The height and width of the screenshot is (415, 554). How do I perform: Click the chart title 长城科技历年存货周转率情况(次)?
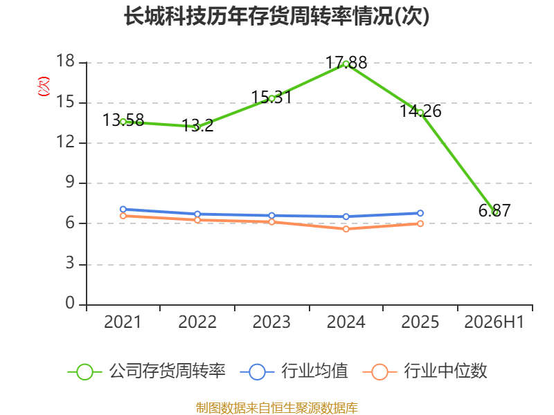(x=276, y=16)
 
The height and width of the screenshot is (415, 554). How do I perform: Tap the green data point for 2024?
(x=346, y=64)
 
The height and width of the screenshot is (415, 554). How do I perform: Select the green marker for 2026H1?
(x=496, y=212)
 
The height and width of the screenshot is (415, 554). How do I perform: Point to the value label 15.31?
(x=271, y=97)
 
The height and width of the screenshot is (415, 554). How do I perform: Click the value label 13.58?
(x=123, y=120)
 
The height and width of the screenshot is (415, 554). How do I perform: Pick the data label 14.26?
(x=420, y=111)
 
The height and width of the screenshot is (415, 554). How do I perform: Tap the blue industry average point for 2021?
(x=123, y=210)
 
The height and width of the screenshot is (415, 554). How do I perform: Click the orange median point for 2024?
(x=346, y=229)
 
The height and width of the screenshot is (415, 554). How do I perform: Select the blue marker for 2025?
(x=420, y=213)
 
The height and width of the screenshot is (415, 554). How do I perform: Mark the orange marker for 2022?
(x=197, y=220)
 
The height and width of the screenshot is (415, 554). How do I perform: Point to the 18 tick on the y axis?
(x=65, y=61)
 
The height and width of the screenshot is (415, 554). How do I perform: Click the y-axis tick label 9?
(x=70, y=182)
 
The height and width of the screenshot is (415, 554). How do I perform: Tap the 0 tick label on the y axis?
(x=70, y=303)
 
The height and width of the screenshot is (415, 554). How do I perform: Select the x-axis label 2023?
(x=271, y=322)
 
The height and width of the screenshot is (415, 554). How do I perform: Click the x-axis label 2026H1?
(x=494, y=322)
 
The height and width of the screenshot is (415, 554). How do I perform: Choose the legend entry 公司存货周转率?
(x=146, y=371)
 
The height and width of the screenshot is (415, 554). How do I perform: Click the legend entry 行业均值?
(x=294, y=371)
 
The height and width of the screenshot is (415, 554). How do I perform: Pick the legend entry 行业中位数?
(x=425, y=371)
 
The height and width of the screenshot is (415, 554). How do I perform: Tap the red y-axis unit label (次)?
(x=44, y=86)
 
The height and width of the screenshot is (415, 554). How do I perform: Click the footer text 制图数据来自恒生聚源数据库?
(x=276, y=408)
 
